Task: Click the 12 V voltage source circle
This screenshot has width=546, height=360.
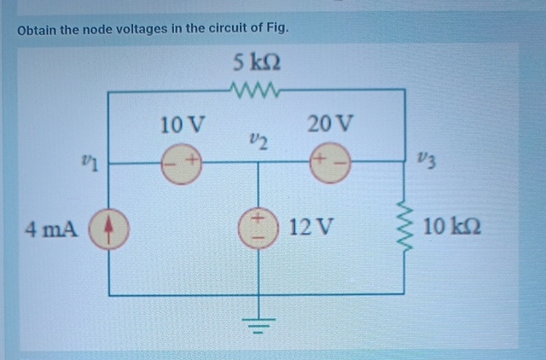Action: (257, 228)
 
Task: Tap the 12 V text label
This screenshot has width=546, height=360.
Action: (312, 228)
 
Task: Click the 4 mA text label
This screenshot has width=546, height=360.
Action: (53, 229)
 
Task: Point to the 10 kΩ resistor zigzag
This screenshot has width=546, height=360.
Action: (404, 228)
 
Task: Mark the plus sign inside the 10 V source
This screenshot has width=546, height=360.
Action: (192, 160)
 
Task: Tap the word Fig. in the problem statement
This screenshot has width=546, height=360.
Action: (276, 28)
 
